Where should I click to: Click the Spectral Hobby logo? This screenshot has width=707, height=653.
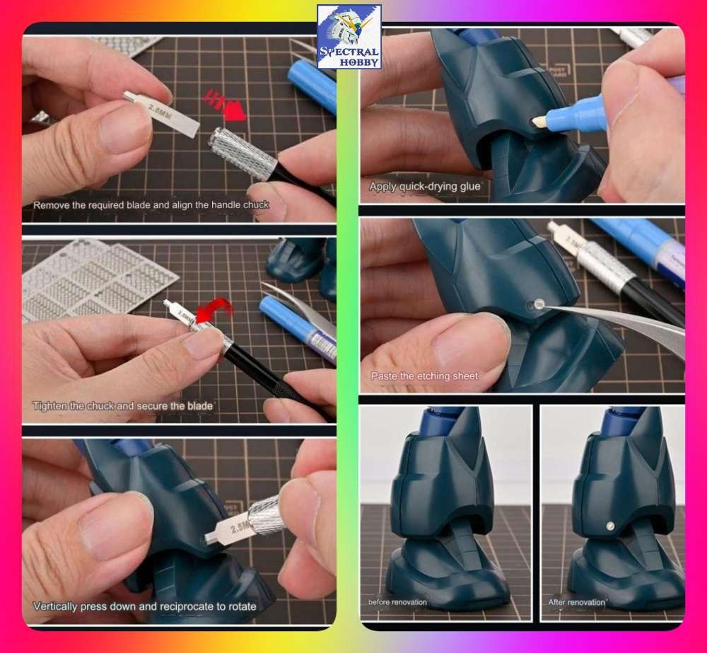pyautogui.click(x=349, y=37)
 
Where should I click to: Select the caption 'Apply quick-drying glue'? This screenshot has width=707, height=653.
pyautogui.click(x=425, y=186)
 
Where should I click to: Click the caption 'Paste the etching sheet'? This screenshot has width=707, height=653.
pyautogui.click(x=424, y=376)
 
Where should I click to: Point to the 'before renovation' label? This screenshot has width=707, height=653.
pyautogui.click(x=397, y=602)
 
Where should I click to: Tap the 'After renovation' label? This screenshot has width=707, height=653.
pyautogui.click(x=577, y=602)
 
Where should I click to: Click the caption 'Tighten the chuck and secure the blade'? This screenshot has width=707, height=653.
pyautogui.click(x=123, y=406)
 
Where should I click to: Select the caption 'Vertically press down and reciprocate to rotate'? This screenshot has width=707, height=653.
pyautogui.click(x=144, y=606)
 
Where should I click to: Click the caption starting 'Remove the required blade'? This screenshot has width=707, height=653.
pyautogui.click(x=151, y=204)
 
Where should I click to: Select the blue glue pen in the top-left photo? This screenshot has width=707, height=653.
pyautogui.click(x=312, y=82)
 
